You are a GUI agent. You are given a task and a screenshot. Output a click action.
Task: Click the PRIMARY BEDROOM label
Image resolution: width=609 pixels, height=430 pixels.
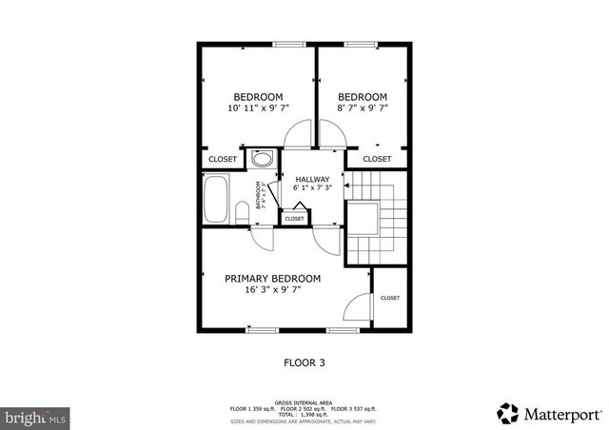point(272,279)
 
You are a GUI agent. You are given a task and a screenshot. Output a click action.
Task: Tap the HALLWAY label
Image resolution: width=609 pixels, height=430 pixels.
point(312,179)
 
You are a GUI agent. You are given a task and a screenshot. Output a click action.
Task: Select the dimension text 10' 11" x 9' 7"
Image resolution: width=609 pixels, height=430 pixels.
point(257,108)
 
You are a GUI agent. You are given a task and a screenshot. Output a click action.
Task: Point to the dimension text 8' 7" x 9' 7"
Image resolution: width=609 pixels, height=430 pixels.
point(363,108)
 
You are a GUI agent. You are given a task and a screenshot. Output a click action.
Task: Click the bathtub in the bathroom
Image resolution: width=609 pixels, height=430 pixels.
point(216,200)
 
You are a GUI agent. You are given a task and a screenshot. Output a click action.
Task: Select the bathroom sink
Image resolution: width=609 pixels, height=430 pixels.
point(262,159)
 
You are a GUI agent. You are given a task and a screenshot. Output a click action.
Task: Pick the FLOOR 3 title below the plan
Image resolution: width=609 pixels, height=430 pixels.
point(304,362)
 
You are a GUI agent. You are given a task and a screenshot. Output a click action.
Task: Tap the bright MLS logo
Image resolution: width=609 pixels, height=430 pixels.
point(36,416)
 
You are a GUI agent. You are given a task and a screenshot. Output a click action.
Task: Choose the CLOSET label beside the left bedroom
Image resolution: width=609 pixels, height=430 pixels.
point(223,159)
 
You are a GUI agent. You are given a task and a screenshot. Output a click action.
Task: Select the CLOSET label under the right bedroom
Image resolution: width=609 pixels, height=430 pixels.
point(377,159)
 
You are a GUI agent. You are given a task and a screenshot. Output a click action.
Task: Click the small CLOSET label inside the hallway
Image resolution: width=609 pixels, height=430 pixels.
point(294,219)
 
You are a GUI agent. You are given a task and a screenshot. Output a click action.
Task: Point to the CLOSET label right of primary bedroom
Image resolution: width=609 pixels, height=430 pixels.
point(390,298)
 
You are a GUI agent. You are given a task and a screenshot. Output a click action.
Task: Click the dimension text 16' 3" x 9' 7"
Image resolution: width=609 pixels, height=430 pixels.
point(272,291)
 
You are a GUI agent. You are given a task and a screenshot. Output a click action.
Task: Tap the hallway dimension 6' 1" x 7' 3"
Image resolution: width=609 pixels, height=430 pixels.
point(312,189)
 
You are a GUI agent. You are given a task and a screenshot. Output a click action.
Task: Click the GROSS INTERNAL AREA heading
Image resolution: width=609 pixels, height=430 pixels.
point(304,402)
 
